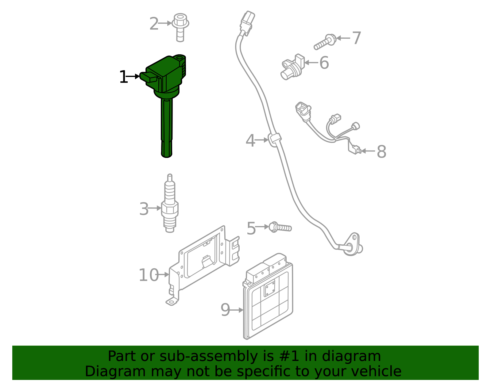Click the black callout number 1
pos(123,77)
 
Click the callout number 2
pos(154,24)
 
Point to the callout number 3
pos(144,209)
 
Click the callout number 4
pos(250,141)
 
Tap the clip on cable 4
pos(275,138)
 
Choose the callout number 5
pos(251,229)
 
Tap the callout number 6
pos(324,63)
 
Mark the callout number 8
pos(381,151)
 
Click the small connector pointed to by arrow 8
pos(357,150)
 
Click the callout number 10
pos(149,275)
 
